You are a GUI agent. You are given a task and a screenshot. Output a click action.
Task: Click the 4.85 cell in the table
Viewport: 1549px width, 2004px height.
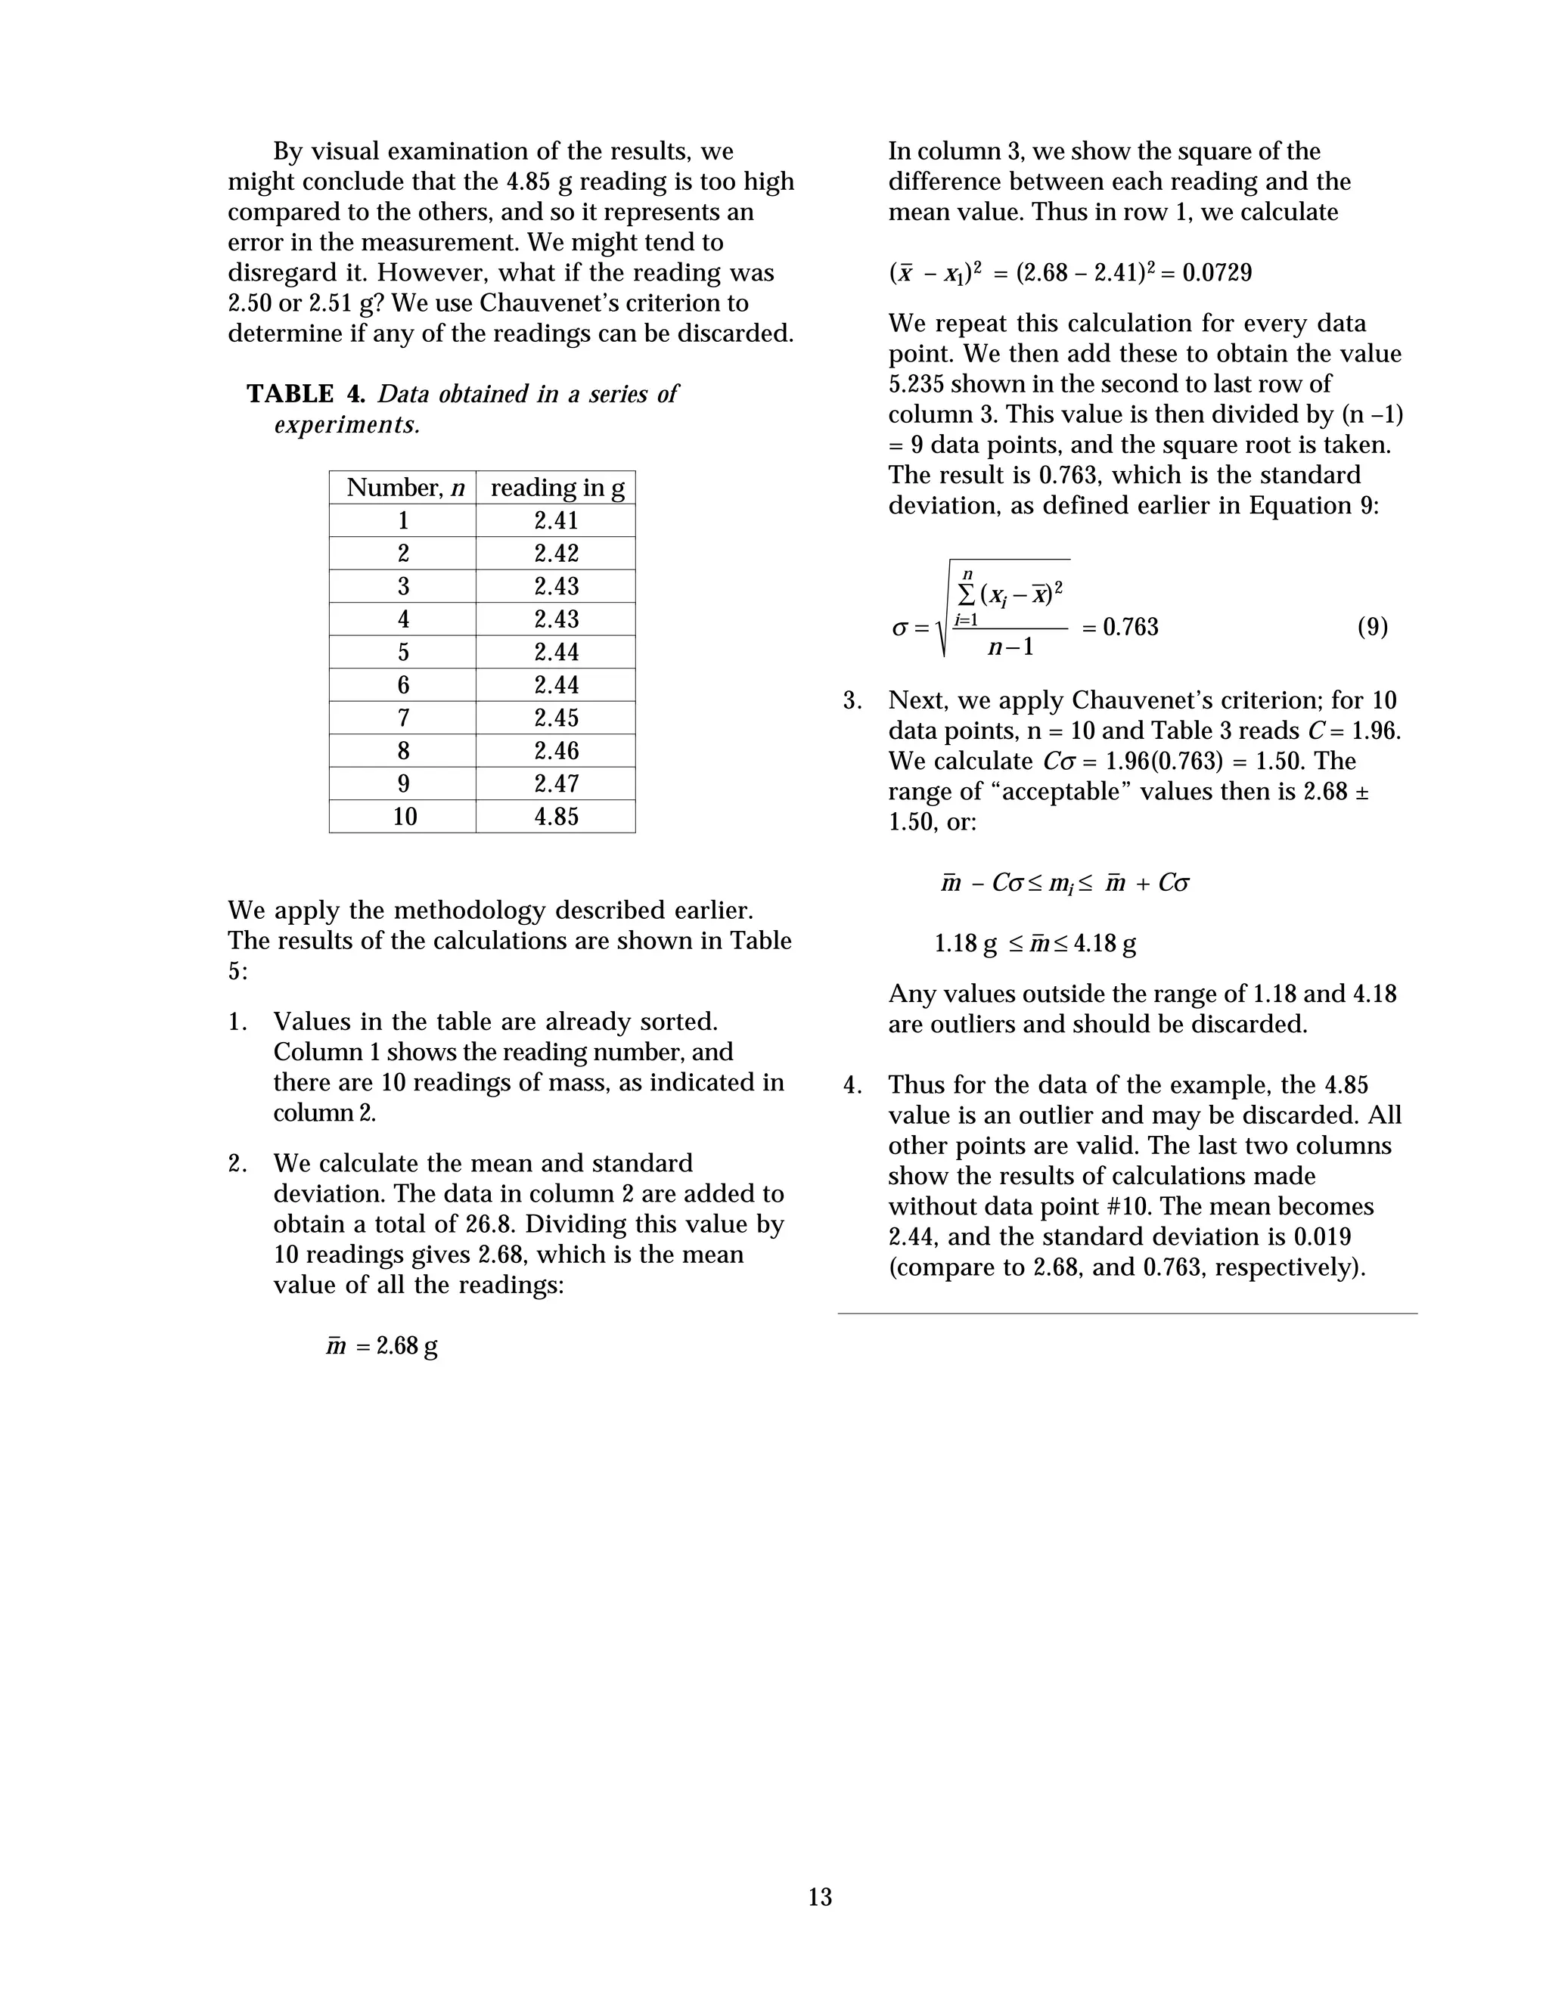556,817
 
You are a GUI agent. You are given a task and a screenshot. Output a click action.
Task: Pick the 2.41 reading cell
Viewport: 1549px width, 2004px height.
556,520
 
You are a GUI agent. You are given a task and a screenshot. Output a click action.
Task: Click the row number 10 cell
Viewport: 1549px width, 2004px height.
404,817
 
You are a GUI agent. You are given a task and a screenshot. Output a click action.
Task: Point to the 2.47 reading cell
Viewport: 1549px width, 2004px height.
556,783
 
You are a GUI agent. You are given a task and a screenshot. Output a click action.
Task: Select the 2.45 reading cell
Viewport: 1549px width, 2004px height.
556,718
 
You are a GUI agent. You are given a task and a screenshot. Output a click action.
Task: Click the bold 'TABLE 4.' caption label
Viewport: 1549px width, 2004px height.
306,394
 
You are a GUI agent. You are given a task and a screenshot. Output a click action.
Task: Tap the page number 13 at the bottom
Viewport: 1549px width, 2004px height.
819,1897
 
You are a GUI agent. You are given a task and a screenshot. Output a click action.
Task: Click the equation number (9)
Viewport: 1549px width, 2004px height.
1372,628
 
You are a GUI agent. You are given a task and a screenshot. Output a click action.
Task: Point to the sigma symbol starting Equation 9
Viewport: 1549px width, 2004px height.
899,629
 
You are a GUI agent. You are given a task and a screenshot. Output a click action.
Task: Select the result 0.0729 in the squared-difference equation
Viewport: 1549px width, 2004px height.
1217,272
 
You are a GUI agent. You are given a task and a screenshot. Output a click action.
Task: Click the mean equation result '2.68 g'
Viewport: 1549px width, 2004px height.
406,1346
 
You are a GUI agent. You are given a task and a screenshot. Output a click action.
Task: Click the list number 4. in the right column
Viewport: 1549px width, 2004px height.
852,1085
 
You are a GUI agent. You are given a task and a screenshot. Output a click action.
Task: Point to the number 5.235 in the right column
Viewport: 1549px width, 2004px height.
920,383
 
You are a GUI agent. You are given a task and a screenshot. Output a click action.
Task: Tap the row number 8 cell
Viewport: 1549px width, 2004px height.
404,751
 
